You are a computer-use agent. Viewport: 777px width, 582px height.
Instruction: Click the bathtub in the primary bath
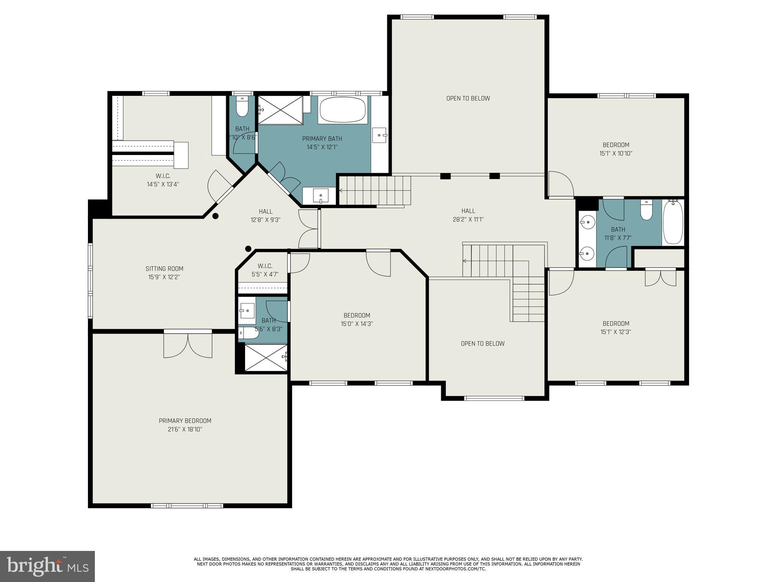343,110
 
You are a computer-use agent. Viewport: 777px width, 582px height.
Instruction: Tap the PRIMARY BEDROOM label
185,421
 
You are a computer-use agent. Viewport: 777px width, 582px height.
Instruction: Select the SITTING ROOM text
164,269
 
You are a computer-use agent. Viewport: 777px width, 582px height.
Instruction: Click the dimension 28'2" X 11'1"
468,219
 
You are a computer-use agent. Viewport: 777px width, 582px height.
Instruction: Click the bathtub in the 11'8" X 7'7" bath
673,222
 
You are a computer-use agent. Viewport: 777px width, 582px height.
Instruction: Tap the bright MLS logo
47,566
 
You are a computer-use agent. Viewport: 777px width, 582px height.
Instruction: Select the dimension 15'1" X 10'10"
616,153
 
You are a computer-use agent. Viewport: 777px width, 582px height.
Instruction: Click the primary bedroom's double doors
188,344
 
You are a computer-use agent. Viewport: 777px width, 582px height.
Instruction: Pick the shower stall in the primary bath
280,110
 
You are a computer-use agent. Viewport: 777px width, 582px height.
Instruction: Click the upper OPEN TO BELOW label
468,99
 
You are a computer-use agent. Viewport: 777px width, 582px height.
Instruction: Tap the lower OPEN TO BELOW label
483,344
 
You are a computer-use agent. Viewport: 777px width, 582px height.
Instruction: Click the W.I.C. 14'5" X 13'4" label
163,180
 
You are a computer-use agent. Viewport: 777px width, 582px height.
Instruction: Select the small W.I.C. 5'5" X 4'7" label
265,270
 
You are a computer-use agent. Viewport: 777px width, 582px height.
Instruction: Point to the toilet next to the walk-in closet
242,106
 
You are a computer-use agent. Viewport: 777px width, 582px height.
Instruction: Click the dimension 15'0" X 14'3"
357,324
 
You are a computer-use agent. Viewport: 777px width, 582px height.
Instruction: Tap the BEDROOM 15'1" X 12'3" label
616,328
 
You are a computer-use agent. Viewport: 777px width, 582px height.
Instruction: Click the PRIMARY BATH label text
322,139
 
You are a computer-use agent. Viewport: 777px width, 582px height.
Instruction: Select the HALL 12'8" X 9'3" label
266,215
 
